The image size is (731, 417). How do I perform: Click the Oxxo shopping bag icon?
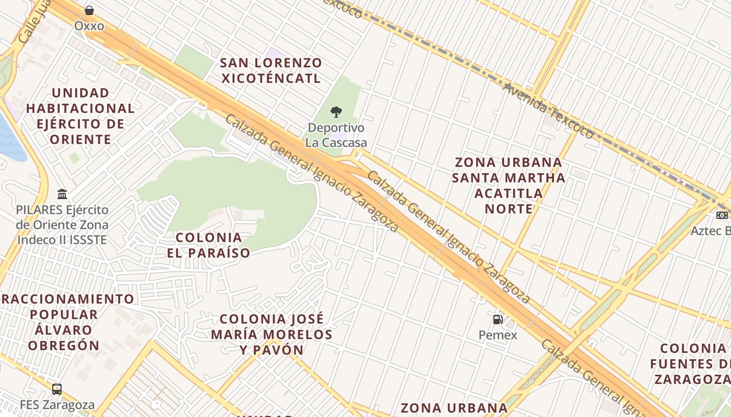pos(89,10)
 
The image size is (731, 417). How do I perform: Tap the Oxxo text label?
pos(89,26)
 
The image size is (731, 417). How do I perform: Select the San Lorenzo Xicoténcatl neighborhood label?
pos(270,71)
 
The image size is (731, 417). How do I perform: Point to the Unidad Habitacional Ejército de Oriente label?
pos(80,116)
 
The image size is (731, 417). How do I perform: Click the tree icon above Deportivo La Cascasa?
pos(336,112)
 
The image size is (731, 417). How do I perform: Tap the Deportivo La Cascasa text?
pos(336,135)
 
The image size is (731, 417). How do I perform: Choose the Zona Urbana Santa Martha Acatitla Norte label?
pos(509,186)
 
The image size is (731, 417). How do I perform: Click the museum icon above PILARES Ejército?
pos(62,194)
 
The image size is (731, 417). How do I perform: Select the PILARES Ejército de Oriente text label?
pos(62,225)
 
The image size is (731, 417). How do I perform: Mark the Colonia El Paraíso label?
pos(209,245)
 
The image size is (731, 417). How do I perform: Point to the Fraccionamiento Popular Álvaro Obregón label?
pos(65,322)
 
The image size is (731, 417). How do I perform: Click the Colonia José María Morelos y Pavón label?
pos(272,334)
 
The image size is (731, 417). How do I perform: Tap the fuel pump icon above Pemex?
pos(498,320)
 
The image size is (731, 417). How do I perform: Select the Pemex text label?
pos(498,335)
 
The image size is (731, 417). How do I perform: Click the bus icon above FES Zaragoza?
pos(57,389)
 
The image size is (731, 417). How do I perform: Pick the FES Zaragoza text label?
pos(57,404)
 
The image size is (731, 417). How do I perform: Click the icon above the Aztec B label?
pos(723,215)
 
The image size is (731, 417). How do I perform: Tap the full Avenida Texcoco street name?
pos(548,111)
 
